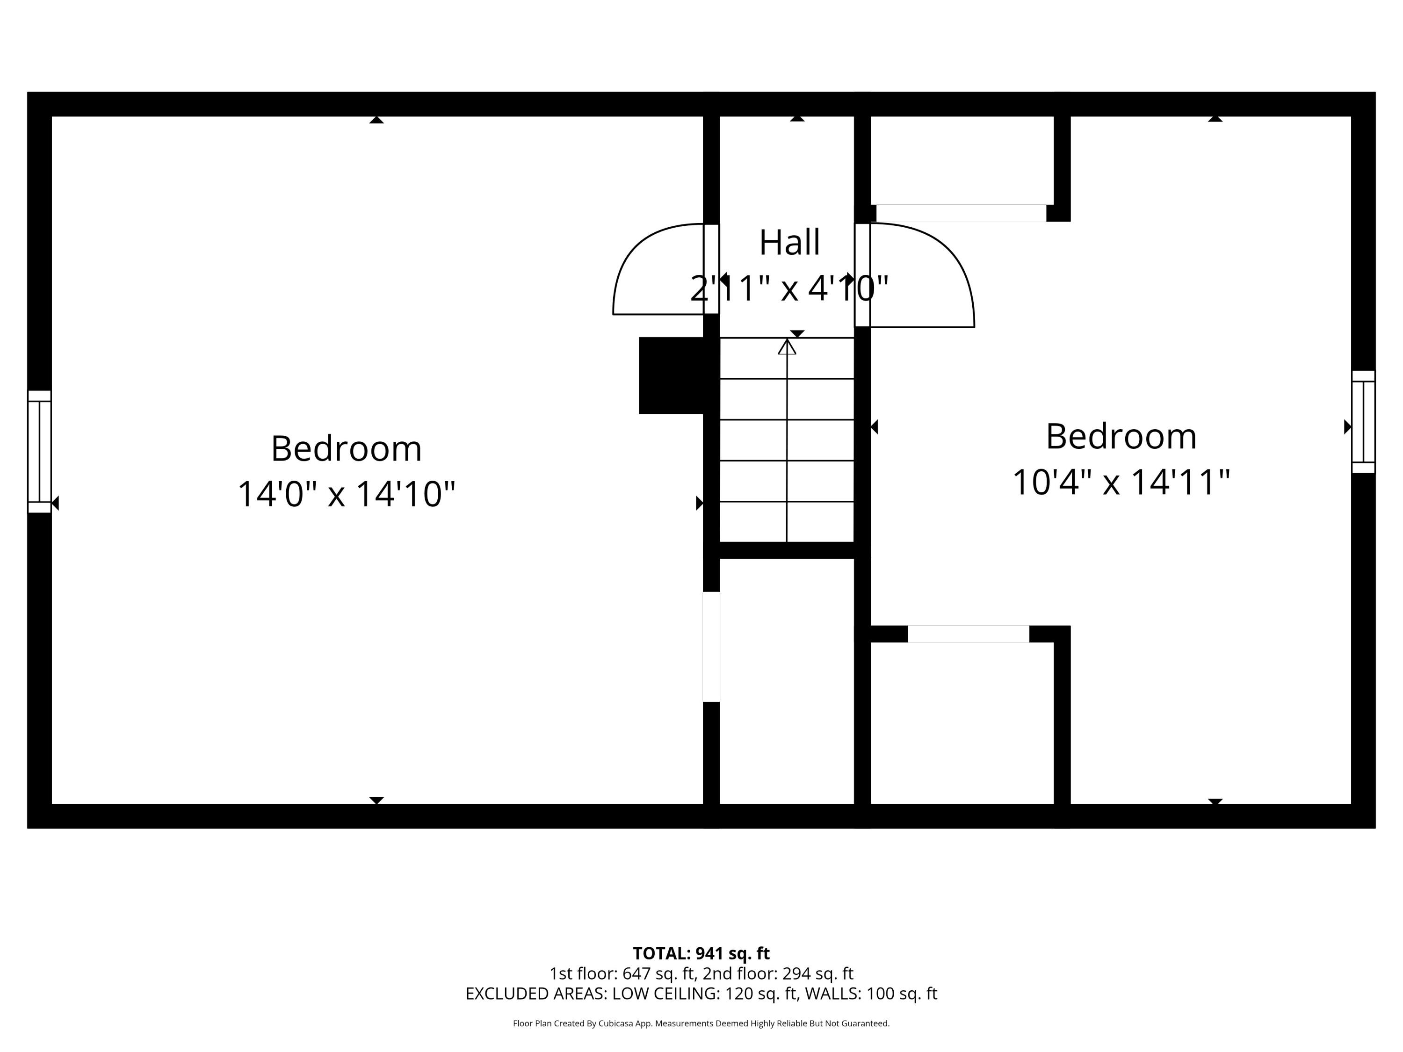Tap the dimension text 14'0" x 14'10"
coord(347,495)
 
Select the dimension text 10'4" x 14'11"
coord(1121,483)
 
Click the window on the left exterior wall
coord(39,452)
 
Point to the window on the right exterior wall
coord(1363,422)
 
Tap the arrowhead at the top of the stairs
coord(787,347)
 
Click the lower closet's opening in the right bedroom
coord(968,634)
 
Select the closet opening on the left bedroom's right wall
coord(711,647)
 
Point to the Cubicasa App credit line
coord(701,1023)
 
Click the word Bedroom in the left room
coord(347,449)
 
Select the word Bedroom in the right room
coord(1121,437)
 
